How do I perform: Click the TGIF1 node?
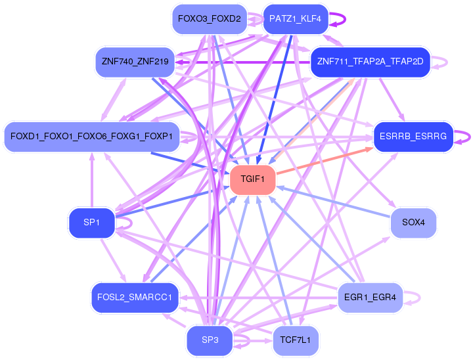click(x=253, y=179)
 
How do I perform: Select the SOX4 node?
click(x=413, y=223)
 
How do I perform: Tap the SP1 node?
click(x=92, y=223)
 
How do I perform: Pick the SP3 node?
click(x=210, y=340)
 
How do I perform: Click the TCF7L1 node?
click(x=296, y=340)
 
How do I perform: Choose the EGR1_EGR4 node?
click(x=370, y=298)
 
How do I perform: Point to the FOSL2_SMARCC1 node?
click(x=135, y=298)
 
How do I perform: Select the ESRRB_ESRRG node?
click(x=413, y=137)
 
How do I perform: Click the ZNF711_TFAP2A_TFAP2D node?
click(x=370, y=62)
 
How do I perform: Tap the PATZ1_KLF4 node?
click(x=296, y=19)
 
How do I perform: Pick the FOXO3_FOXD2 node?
click(x=210, y=19)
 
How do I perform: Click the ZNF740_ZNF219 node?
click(x=135, y=62)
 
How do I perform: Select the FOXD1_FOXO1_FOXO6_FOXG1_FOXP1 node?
click(x=92, y=137)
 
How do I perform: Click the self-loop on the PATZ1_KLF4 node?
click(x=345, y=19)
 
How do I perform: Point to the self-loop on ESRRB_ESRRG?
click(x=470, y=137)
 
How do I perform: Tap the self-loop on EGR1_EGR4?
click(x=420, y=298)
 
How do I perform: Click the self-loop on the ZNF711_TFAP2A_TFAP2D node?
click(x=447, y=62)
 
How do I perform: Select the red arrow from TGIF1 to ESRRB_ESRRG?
click(x=325, y=161)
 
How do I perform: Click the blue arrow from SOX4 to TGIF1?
click(x=333, y=202)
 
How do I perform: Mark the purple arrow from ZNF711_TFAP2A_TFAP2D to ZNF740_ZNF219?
click(x=242, y=62)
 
